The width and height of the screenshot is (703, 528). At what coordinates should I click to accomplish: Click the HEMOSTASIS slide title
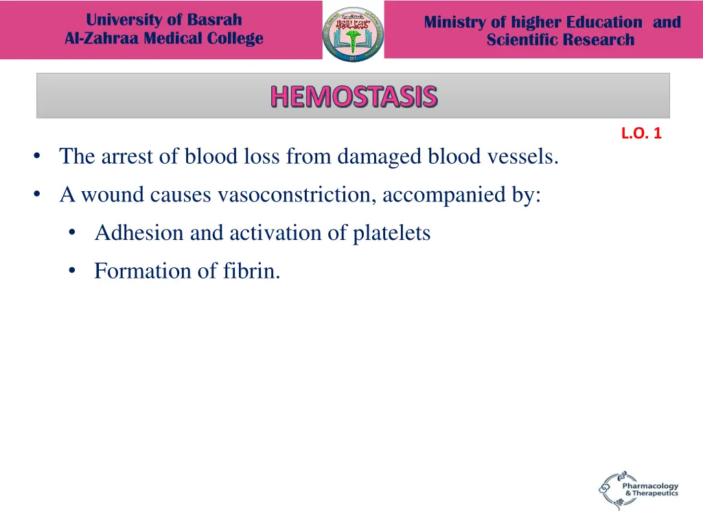pos(353,96)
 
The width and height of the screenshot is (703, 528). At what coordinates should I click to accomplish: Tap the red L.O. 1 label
pos(641,133)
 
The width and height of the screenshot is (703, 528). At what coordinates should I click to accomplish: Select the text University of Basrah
pos(163,19)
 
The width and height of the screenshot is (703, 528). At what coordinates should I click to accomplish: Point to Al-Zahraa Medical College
pos(163,38)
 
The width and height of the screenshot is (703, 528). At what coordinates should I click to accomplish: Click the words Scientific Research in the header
pos(560,40)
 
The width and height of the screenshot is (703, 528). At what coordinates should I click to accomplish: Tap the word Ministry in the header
pos(454,22)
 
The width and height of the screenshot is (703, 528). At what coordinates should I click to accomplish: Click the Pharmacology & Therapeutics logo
pos(638,489)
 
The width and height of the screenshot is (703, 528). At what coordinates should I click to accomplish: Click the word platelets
pos(391,233)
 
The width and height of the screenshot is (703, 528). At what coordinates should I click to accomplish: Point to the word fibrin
pos(251,271)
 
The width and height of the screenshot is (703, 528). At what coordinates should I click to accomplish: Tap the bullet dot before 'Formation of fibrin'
pos(72,271)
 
